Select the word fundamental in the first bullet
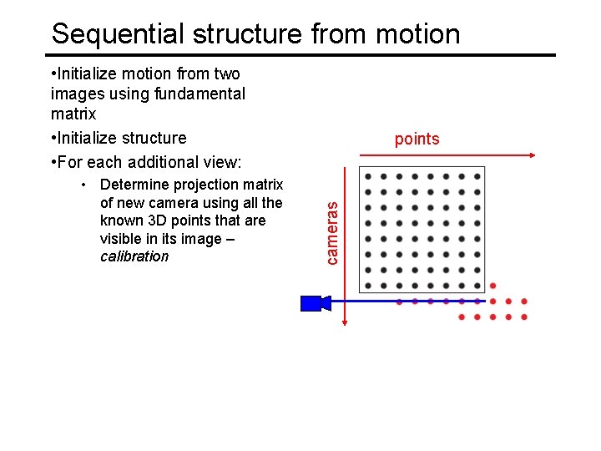(199, 94)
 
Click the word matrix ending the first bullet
(73, 113)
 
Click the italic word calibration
(134, 256)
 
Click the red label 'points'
(417, 139)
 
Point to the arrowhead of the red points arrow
(531, 155)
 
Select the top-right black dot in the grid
(477, 176)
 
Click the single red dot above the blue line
(492, 286)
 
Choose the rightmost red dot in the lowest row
(523, 317)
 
